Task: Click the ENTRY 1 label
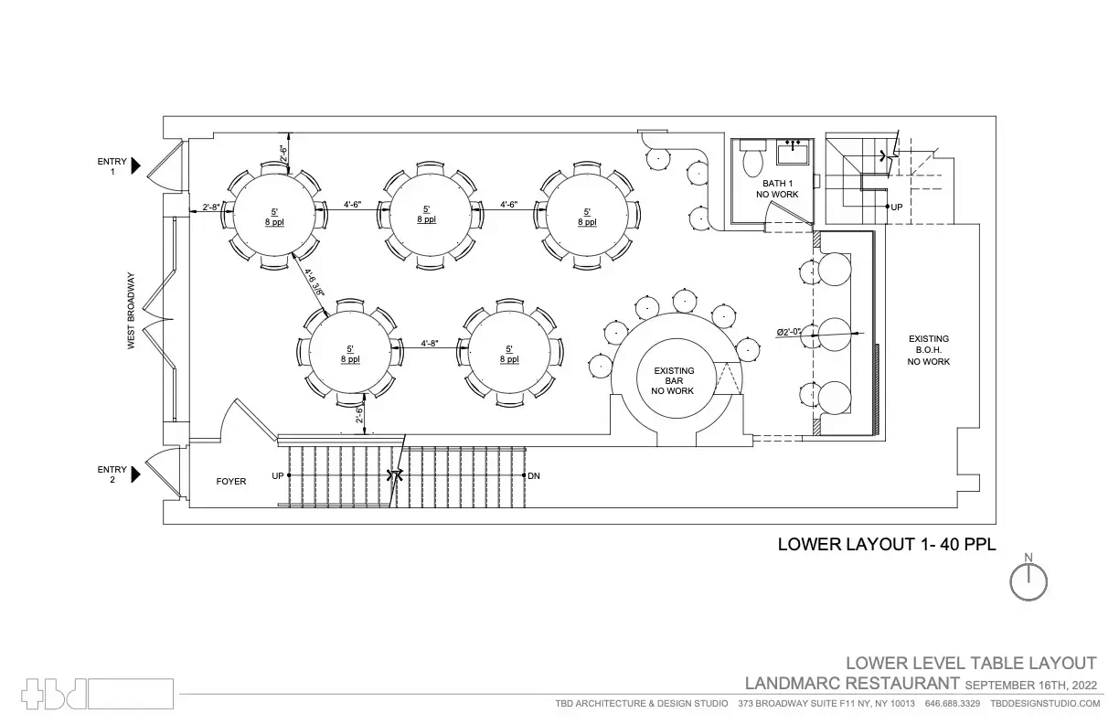(107, 165)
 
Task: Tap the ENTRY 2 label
(107, 474)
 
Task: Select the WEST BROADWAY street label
(132, 311)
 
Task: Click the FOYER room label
(230, 481)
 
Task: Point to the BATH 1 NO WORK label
(776, 188)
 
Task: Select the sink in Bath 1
(792, 151)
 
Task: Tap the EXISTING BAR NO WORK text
(673, 380)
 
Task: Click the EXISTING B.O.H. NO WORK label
(929, 350)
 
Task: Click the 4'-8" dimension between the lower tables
(430, 344)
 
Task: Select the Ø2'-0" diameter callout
(788, 333)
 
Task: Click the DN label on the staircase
(534, 476)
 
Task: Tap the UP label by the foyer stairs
(277, 476)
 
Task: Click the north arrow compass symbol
(1028, 580)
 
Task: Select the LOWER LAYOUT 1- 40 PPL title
(885, 544)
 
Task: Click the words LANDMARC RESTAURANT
(852, 684)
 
